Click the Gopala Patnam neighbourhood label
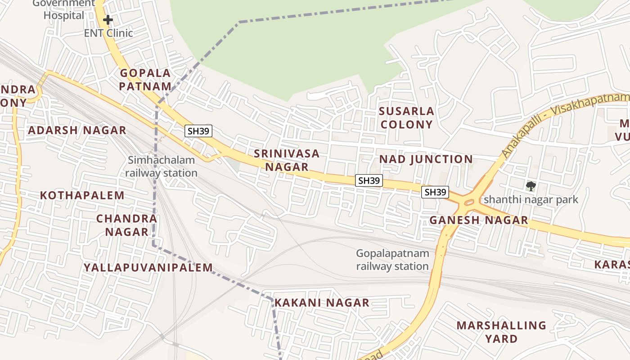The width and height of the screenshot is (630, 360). click(x=145, y=80)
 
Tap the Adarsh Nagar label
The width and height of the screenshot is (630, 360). click(x=77, y=130)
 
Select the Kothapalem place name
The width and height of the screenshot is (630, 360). click(x=82, y=195)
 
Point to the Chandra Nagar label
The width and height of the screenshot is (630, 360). click(x=126, y=225)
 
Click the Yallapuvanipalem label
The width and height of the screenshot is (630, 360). click(x=148, y=268)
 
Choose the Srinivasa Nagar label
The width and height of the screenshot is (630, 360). click(x=287, y=160)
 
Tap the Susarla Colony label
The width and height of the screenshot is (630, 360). click(x=406, y=118)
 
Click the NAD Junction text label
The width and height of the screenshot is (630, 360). click(x=426, y=159)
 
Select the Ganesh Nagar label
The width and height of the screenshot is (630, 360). click(x=478, y=220)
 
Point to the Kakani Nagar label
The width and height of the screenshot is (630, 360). click(x=322, y=303)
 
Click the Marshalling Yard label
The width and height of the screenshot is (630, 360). click(x=501, y=332)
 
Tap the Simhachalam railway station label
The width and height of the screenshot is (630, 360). click(x=161, y=166)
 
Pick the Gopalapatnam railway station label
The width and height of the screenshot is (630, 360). click(x=392, y=260)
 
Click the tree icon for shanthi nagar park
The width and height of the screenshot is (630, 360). click(x=531, y=186)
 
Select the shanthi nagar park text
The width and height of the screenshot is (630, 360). click(x=531, y=199)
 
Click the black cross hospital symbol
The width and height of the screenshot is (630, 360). click(x=108, y=20)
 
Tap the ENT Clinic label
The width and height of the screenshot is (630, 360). click(x=108, y=33)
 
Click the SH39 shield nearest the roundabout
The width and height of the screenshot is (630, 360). click(x=435, y=192)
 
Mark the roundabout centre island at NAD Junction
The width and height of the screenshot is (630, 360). click(x=469, y=203)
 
